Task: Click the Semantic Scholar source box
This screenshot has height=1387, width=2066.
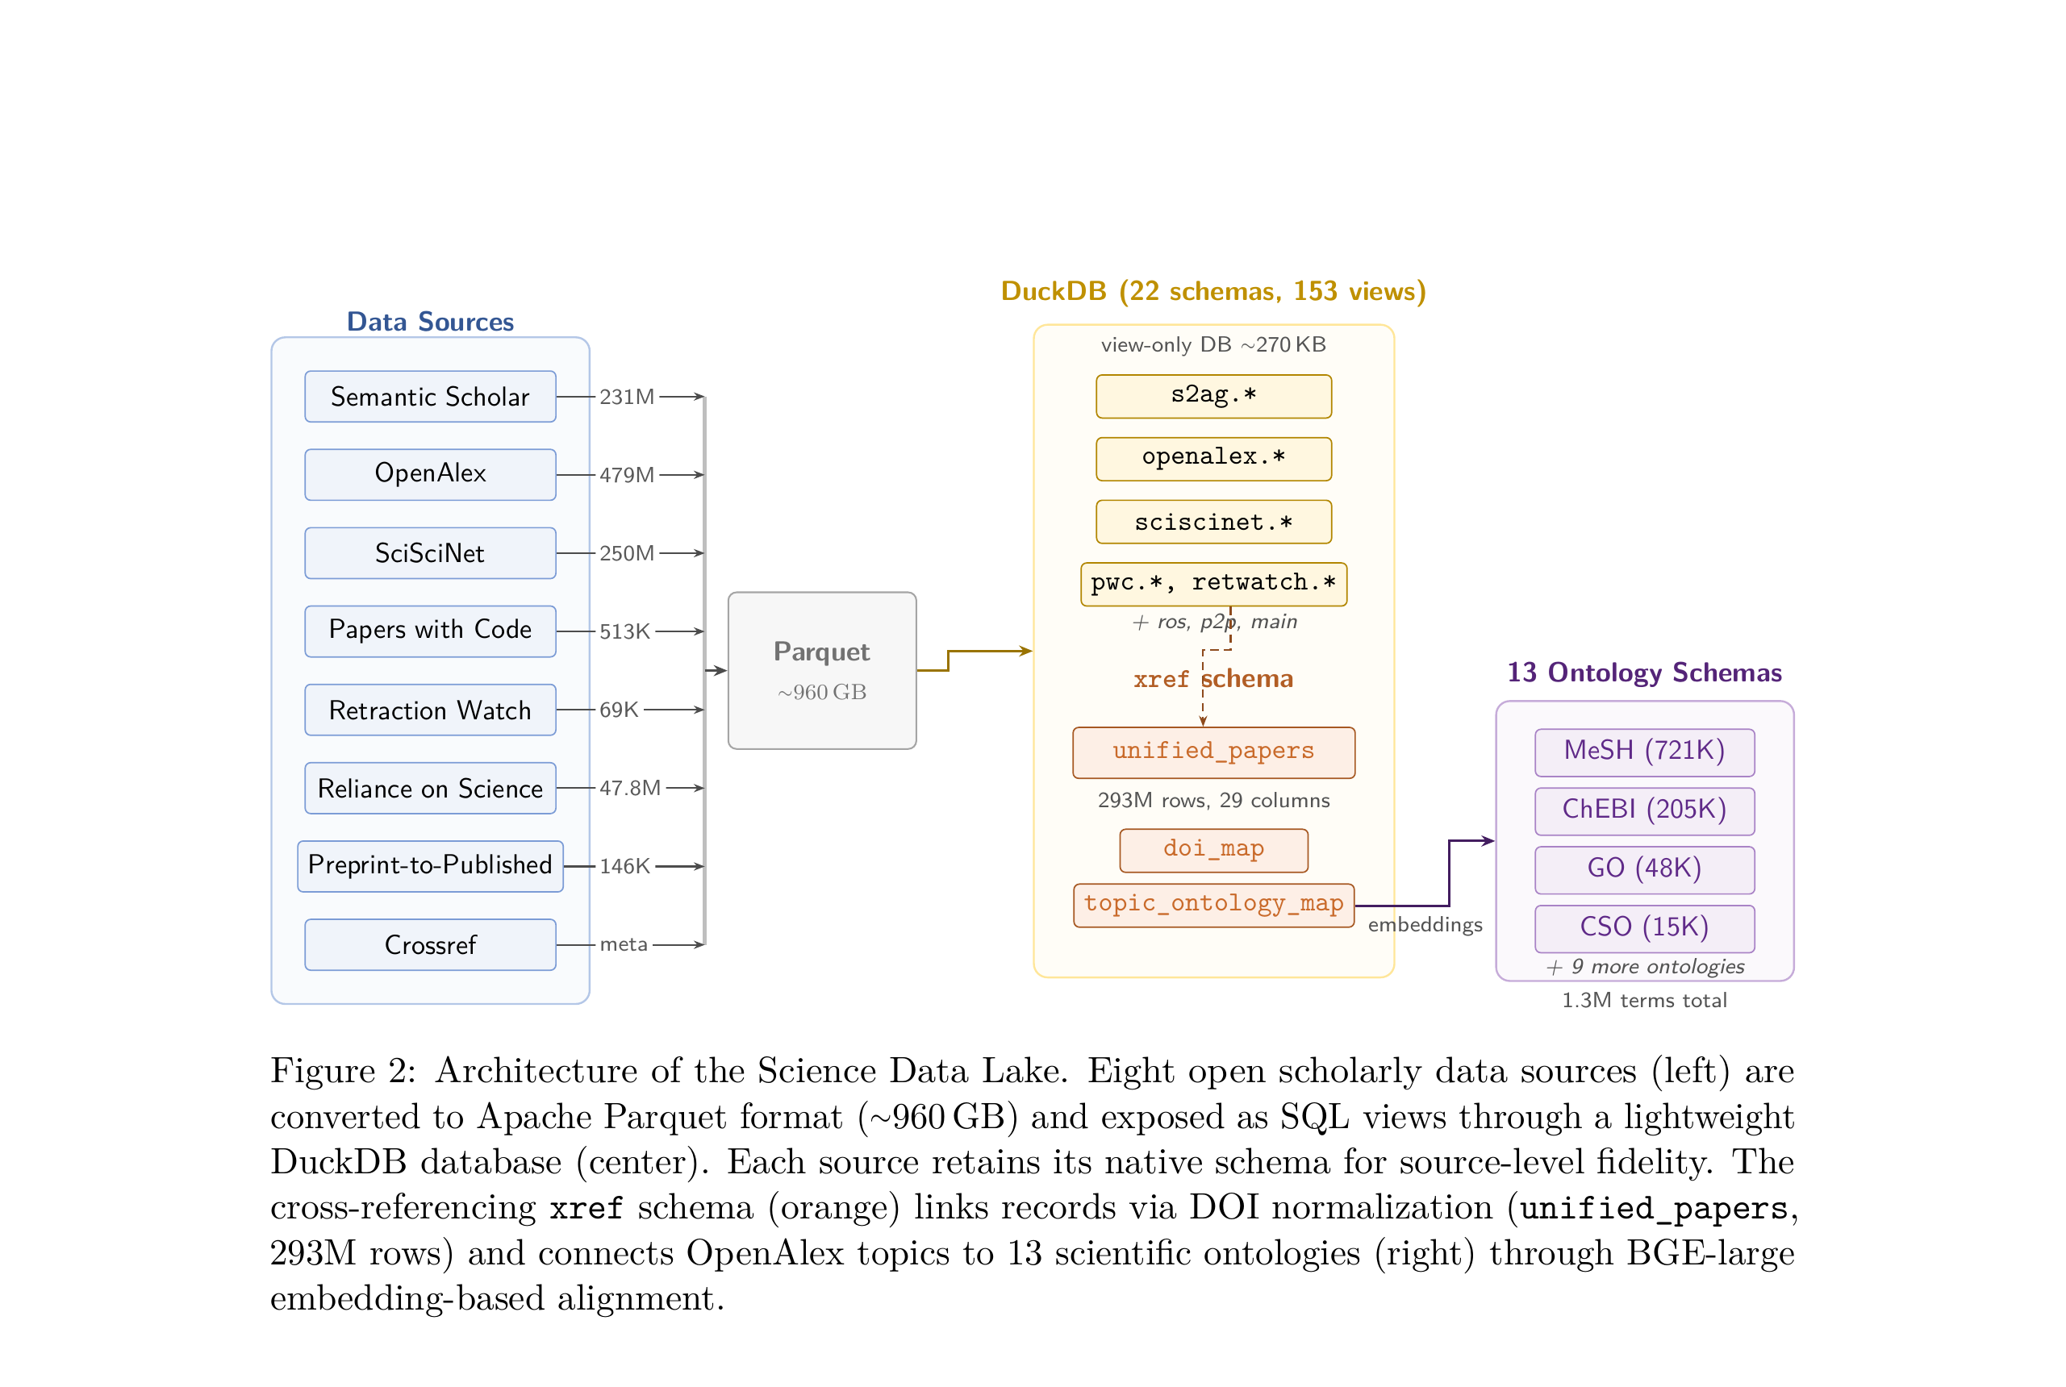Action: tap(430, 396)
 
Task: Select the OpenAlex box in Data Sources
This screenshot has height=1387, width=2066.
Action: tap(430, 474)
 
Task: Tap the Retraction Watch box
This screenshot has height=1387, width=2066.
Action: tap(430, 710)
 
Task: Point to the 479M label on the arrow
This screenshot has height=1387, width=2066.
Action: tap(627, 475)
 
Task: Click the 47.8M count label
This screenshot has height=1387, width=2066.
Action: tap(629, 787)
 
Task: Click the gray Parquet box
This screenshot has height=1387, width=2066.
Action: tap(821, 669)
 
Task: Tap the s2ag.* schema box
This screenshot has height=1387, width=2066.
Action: tap(1213, 395)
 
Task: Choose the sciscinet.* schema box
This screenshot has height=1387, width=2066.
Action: tap(1213, 521)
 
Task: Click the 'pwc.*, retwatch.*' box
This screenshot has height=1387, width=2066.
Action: tap(1213, 583)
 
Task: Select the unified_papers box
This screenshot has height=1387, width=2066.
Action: tap(1213, 752)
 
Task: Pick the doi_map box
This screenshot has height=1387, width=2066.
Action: tap(1213, 849)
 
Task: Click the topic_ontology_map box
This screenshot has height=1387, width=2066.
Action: tap(1213, 904)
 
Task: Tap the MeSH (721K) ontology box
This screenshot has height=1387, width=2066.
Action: tap(1643, 751)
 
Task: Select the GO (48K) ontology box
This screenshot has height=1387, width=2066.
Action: tap(1643, 868)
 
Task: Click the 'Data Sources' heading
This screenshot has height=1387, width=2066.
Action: tap(430, 321)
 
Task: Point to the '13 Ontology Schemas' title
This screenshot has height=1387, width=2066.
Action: tap(1643, 673)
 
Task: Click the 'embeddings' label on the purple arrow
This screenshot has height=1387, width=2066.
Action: tap(1424, 924)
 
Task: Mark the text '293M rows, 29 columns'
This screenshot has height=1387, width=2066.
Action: tap(1213, 801)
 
